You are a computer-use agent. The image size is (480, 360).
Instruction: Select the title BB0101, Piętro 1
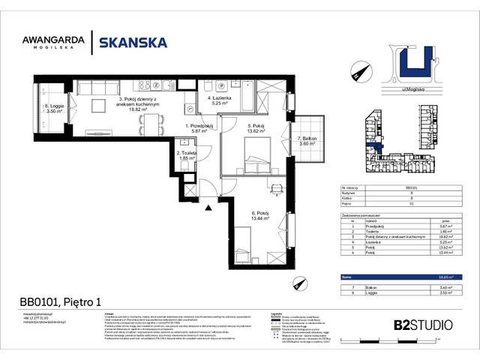pyautogui.click(x=60, y=303)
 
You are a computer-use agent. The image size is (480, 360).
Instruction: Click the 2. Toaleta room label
pyautogui.click(x=187, y=155)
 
